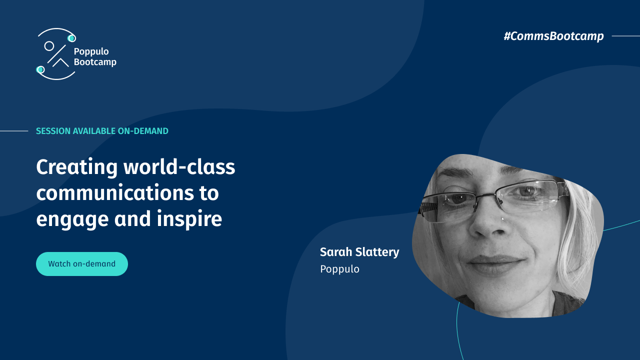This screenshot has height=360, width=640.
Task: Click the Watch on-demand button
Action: click(82, 264)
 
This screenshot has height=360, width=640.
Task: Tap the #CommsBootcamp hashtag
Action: click(553, 36)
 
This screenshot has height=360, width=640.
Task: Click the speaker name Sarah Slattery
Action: click(359, 252)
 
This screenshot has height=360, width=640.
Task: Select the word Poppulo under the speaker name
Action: click(339, 269)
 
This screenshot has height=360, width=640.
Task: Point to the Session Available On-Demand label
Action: click(102, 131)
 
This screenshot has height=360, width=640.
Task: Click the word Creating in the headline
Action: click(76, 167)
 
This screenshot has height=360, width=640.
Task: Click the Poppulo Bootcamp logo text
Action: click(94, 56)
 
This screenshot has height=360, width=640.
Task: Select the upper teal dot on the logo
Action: click(71, 38)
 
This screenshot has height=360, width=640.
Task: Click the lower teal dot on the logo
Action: click(40, 69)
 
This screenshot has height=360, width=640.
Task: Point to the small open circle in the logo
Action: click(49, 46)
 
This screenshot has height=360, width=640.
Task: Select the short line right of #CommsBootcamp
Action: click(625, 36)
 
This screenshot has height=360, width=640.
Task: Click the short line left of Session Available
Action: click(14, 131)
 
